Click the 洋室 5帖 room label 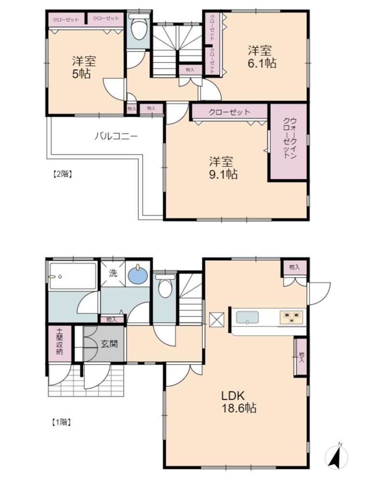click(x=84, y=67)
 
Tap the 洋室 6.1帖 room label click(x=262, y=57)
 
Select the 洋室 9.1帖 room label click(x=223, y=168)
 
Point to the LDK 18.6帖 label click(x=239, y=402)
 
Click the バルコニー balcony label click(x=116, y=136)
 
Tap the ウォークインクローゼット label click(x=290, y=138)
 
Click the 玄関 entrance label click(x=109, y=344)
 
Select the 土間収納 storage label click(x=59, y=341)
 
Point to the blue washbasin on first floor click(x=138, y=275)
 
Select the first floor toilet click(x=165, y=285)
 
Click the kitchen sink click(x=247, y=317)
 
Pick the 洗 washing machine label click(x=113, y=273)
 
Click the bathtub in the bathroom click(x=73, y=276)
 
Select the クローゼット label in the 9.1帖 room click(x=229, y=112)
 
